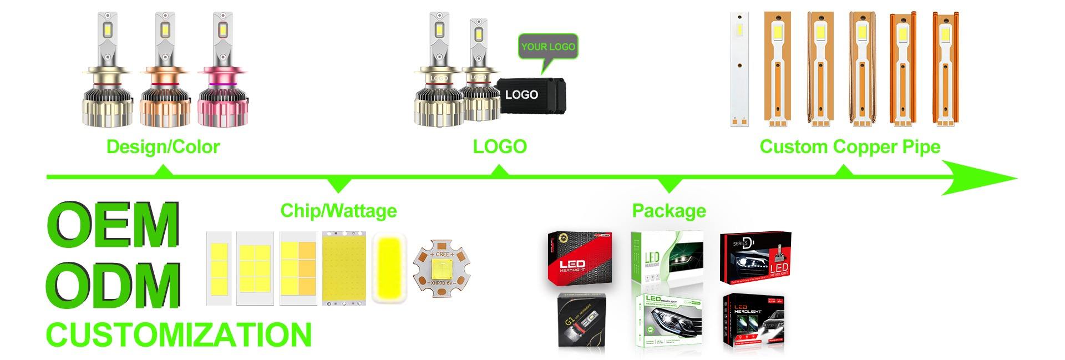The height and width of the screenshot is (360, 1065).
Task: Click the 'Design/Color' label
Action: (163, 146)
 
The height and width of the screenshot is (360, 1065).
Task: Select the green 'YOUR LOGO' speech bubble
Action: (547, 47)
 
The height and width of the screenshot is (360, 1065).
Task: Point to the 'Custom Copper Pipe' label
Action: (850, 146)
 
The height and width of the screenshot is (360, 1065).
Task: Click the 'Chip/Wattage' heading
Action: (338, 211)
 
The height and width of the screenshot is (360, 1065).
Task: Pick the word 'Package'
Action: (669, 211)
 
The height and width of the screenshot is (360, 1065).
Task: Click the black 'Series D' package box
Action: (755, 258)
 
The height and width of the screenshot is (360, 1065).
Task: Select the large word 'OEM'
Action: (113, 226)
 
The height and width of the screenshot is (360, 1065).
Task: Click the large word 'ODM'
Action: (113, 286)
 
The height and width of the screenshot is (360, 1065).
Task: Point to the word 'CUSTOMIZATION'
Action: (179, 335)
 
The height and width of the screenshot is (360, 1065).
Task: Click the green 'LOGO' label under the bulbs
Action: (500, 146)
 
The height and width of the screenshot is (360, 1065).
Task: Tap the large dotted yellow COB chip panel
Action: (344, 268)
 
